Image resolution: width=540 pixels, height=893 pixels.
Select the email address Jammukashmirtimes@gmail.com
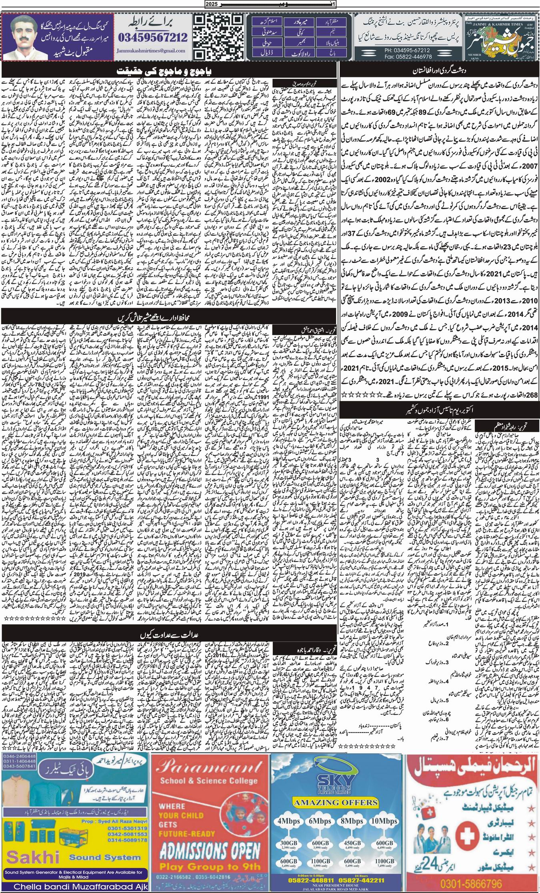pos(152,51)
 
